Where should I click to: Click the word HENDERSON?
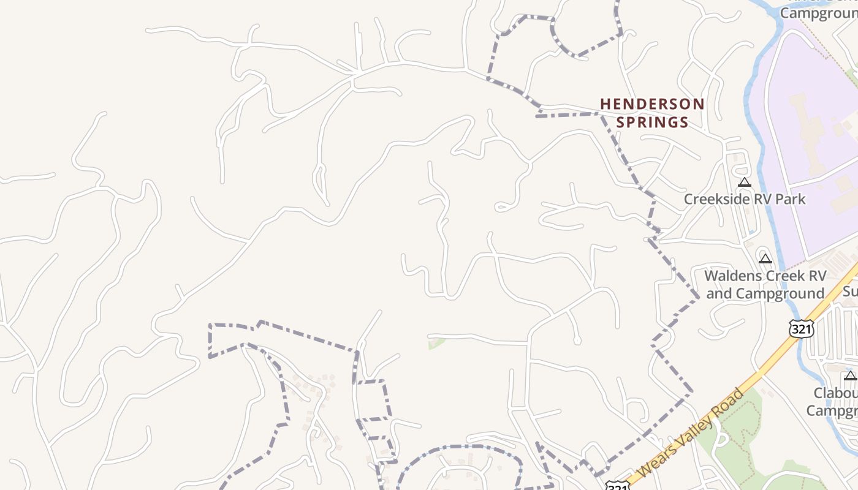652,104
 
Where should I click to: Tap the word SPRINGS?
652,123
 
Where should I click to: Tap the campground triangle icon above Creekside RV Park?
745,182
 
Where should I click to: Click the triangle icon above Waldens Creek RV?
765,259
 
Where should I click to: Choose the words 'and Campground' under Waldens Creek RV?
765,293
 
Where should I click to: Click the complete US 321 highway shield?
801,329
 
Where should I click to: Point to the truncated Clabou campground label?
835,393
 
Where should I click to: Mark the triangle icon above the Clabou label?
851,375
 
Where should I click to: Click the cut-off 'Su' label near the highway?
850,292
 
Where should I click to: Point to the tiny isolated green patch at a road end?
436,342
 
